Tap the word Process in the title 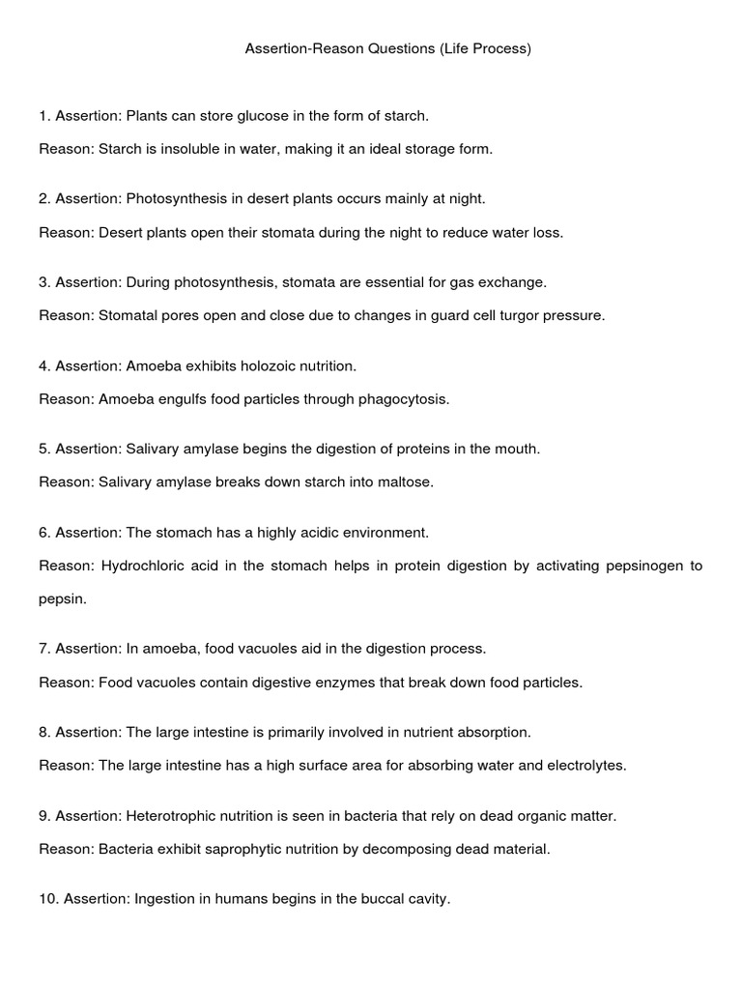click(499, 48)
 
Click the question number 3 click(44, 282)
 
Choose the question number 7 click(44, 649)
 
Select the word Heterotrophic click(175, 815)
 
